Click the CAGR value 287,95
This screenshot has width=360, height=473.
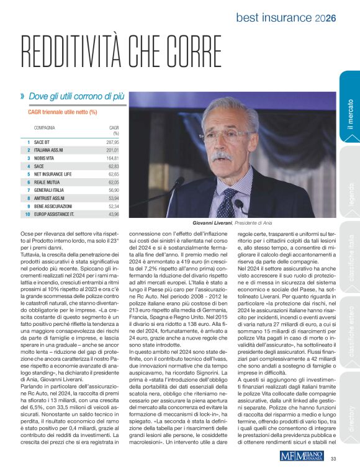[112, 142]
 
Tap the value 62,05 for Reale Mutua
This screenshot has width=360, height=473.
[112, 182]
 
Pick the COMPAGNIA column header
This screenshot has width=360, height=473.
[45, 127]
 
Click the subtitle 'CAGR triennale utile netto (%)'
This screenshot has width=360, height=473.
[63, 112]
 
